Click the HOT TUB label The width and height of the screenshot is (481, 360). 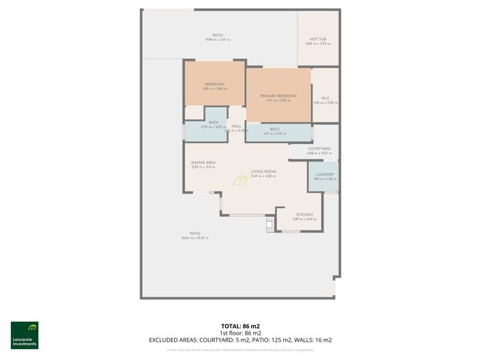[317, 39]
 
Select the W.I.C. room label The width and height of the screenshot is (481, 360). [325, 98]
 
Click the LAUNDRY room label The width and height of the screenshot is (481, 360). [324, 174]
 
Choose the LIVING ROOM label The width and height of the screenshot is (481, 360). [263, 171]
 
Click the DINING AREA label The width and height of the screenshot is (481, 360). [203, 162]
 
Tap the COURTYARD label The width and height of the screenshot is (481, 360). [319, 148]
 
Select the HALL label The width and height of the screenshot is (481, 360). [236, 126]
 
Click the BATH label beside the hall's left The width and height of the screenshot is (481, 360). [214, 123]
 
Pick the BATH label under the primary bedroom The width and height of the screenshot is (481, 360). [274, 129]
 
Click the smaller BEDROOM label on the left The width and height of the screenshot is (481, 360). [214, 85]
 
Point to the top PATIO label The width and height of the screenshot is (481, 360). [218, 35]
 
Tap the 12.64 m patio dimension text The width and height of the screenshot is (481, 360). [194, 238]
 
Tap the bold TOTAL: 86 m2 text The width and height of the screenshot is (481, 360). [241, 327]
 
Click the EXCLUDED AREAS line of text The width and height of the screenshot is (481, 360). [241, 340]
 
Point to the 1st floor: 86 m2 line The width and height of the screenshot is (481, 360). [241, 333]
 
